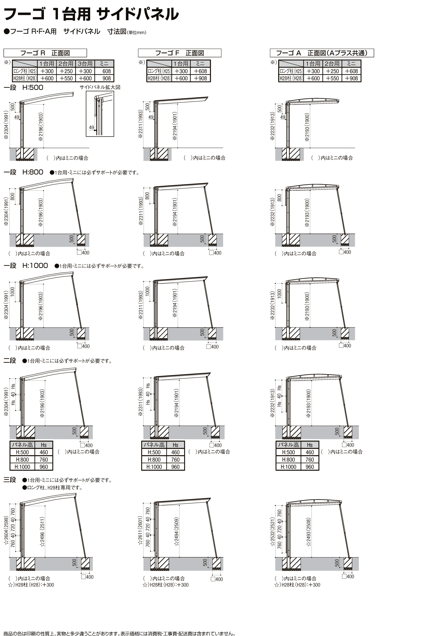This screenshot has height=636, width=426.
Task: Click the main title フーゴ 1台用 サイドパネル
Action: click(91, 14)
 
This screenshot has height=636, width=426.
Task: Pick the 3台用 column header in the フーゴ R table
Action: click(85, 64)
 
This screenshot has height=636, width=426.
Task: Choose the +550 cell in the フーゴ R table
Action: click(66, 78)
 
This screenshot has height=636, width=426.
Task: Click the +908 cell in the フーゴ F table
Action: click(201, 78)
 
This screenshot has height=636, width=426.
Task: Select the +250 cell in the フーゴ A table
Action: click(332, 71)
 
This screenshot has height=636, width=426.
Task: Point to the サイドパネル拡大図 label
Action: click(100, 87)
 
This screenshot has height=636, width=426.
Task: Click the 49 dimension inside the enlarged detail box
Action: click(92, 127)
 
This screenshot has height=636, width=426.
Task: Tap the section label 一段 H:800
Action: click(23, 172)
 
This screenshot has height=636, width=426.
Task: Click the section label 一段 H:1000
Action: click(26, 265)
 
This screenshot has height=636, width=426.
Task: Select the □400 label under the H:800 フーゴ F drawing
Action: click(215, 253)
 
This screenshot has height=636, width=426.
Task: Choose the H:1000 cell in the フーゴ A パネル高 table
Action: click(288, 467)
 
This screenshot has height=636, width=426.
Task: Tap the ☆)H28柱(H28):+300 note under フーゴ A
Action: click(297, 585)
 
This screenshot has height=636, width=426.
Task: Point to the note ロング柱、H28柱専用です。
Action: click(53, 488)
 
